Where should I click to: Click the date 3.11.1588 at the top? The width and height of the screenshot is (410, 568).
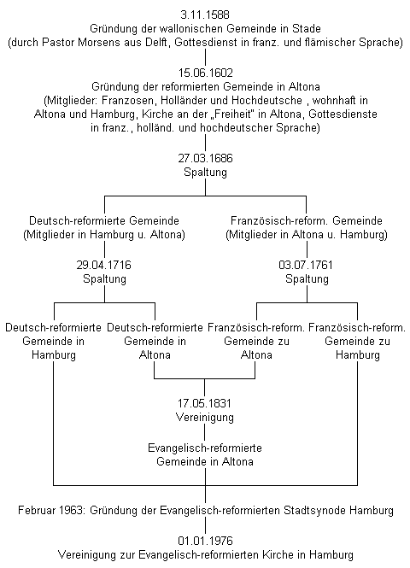pyautogui.click(x=205, y=15)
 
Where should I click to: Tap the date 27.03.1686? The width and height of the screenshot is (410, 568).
pyautogui.click(x=205, y=159)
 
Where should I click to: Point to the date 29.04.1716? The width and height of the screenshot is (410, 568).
pyautogui.click(x=104, y=266)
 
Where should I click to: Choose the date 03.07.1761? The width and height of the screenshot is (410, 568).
pyautogui.click(x=307, y=266)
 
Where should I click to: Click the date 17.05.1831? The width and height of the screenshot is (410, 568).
pyautogui.click(x=205, y=403)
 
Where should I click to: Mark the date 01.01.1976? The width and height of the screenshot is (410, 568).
pyautogui.click(x=205, y=541)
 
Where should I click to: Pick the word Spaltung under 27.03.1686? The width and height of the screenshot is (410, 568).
pyautogui.click(x=205, y=173)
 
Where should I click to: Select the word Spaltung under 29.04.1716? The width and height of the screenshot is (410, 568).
pyautogui.click(x=104, y=279)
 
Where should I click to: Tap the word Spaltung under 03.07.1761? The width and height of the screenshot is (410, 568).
pyautogui.click(x=307, y=279)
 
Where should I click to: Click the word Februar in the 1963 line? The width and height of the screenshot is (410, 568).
pyautogui.click(x=37, y=511)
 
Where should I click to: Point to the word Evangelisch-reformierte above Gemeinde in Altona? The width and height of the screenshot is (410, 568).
pyautogui.click(x=205, y=448)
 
